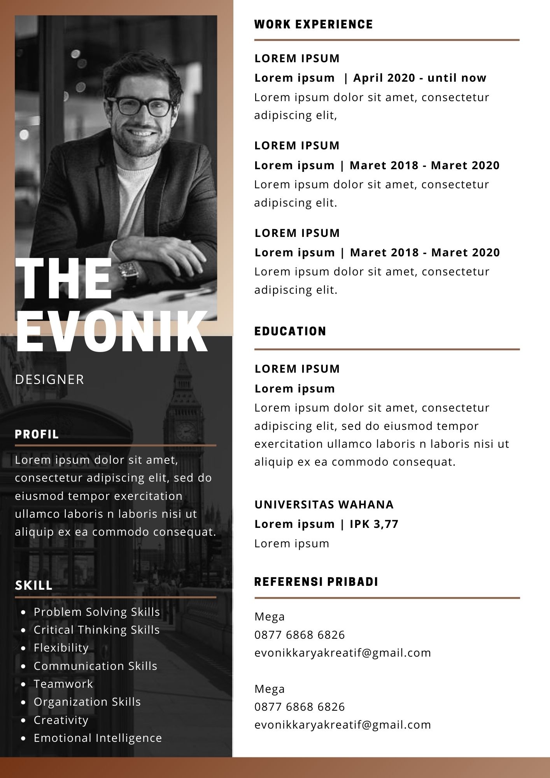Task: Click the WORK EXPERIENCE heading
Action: (x=314, y=25)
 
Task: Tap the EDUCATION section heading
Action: (x=290, y=331)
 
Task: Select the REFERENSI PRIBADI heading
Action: (x=316, y=582)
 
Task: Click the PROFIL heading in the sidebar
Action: (x=37, y=435)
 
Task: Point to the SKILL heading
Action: (x=34, y=585)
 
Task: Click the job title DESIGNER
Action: (x=49, y=380)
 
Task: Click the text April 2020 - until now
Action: (x=420, y=78)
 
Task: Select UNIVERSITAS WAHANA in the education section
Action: (x=324, y=505)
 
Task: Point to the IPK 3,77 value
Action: (x=374, y=524)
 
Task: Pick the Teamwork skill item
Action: (x=63, y=684)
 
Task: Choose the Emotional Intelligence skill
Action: (x=98, y=738)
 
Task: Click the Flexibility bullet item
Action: (x=61, y=648)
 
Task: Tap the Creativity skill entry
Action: (x=61, y=720)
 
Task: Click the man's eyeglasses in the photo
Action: (x=140, y=105)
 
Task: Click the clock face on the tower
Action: (x=186, y=431)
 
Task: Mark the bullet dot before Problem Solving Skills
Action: (x=24, y=612)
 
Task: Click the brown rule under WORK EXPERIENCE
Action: (x=387, y=40)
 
